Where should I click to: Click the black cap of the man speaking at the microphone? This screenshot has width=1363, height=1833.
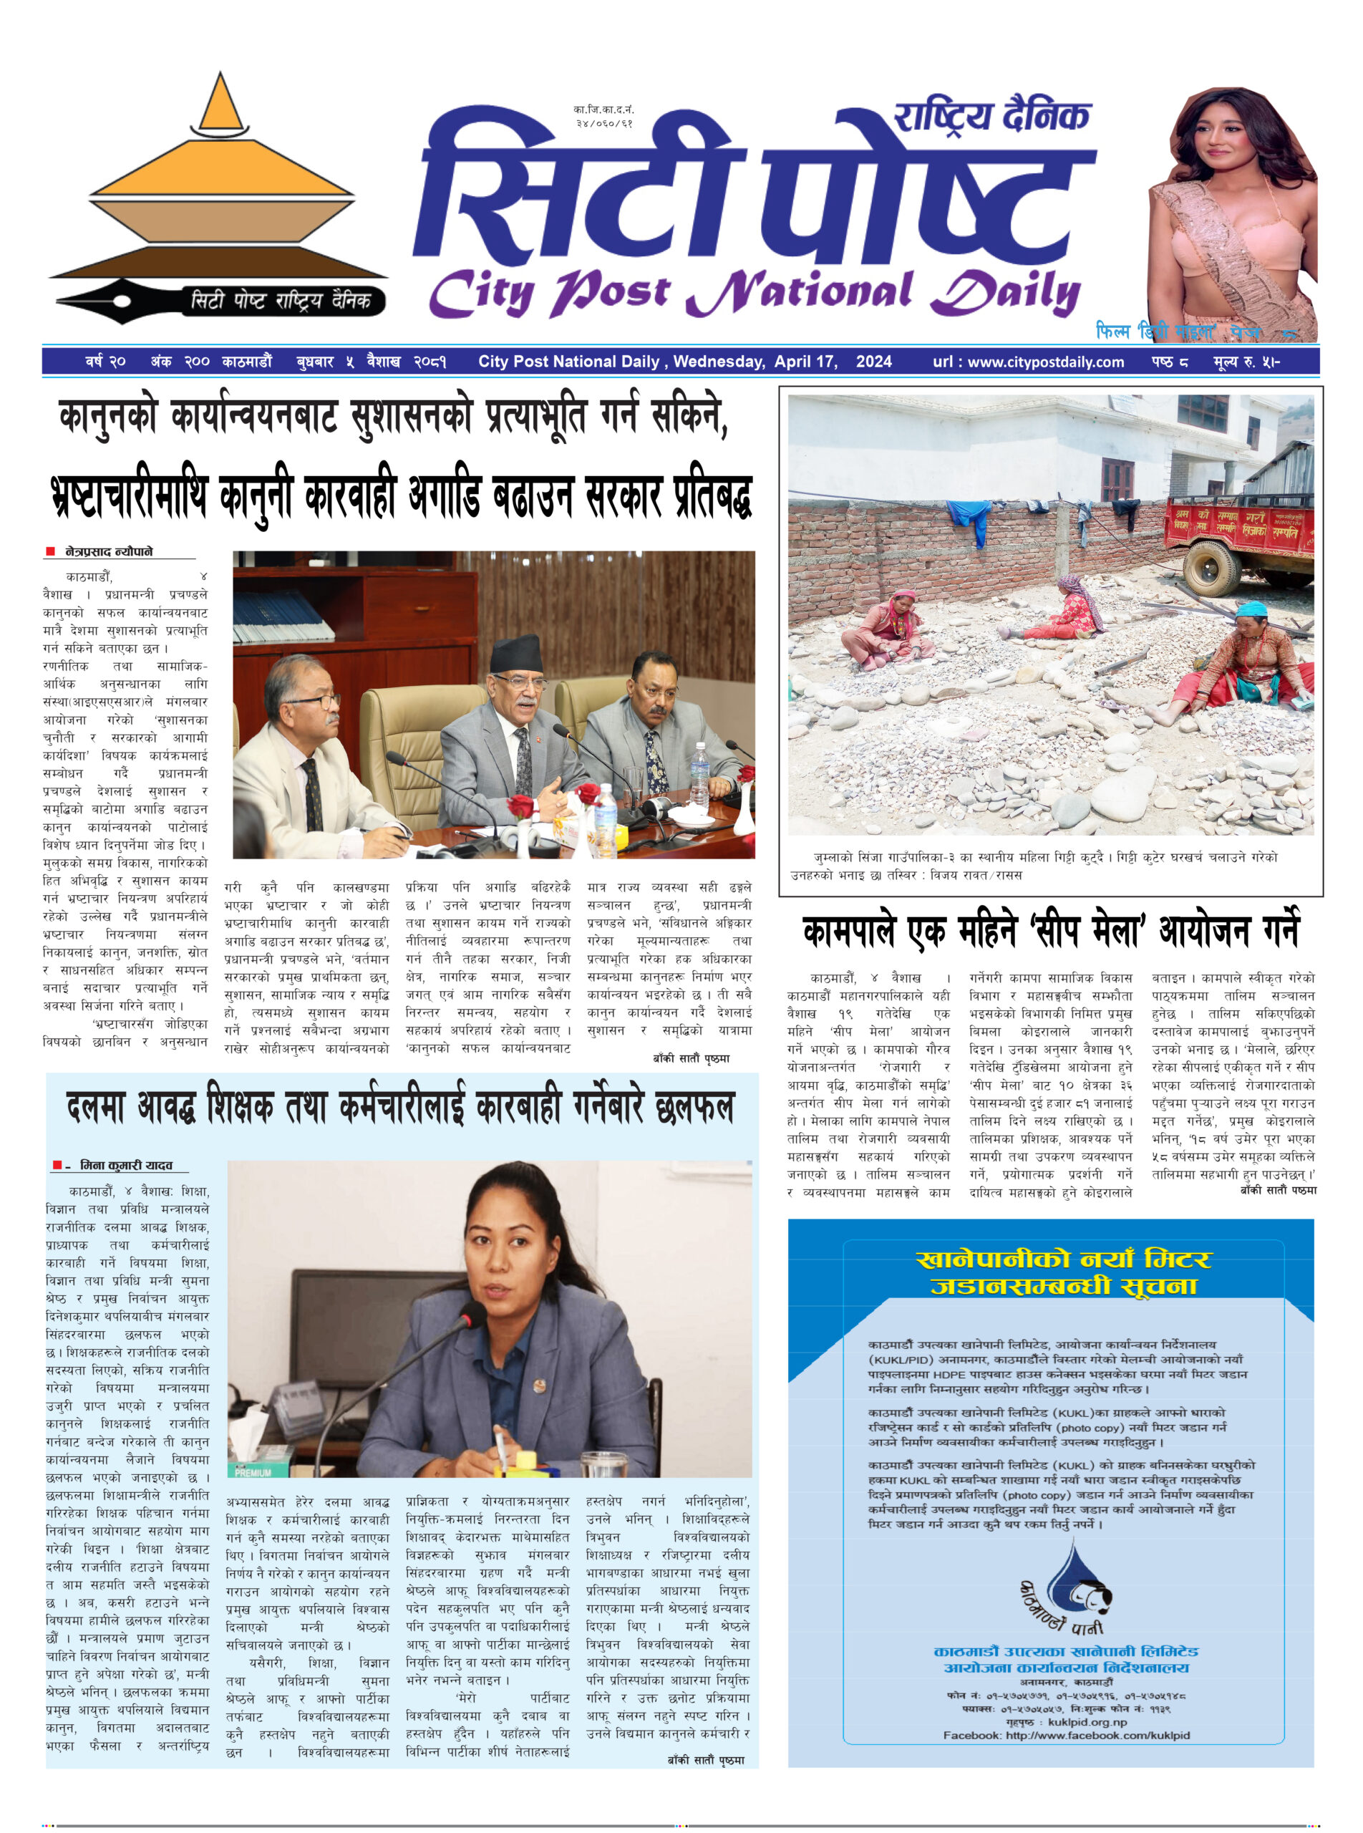[x=516, y=654]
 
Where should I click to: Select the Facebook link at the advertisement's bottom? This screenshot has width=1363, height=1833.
[x=1066, y=1735]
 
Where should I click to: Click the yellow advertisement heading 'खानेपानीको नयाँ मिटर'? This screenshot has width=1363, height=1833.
[x=1064, y=1259]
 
